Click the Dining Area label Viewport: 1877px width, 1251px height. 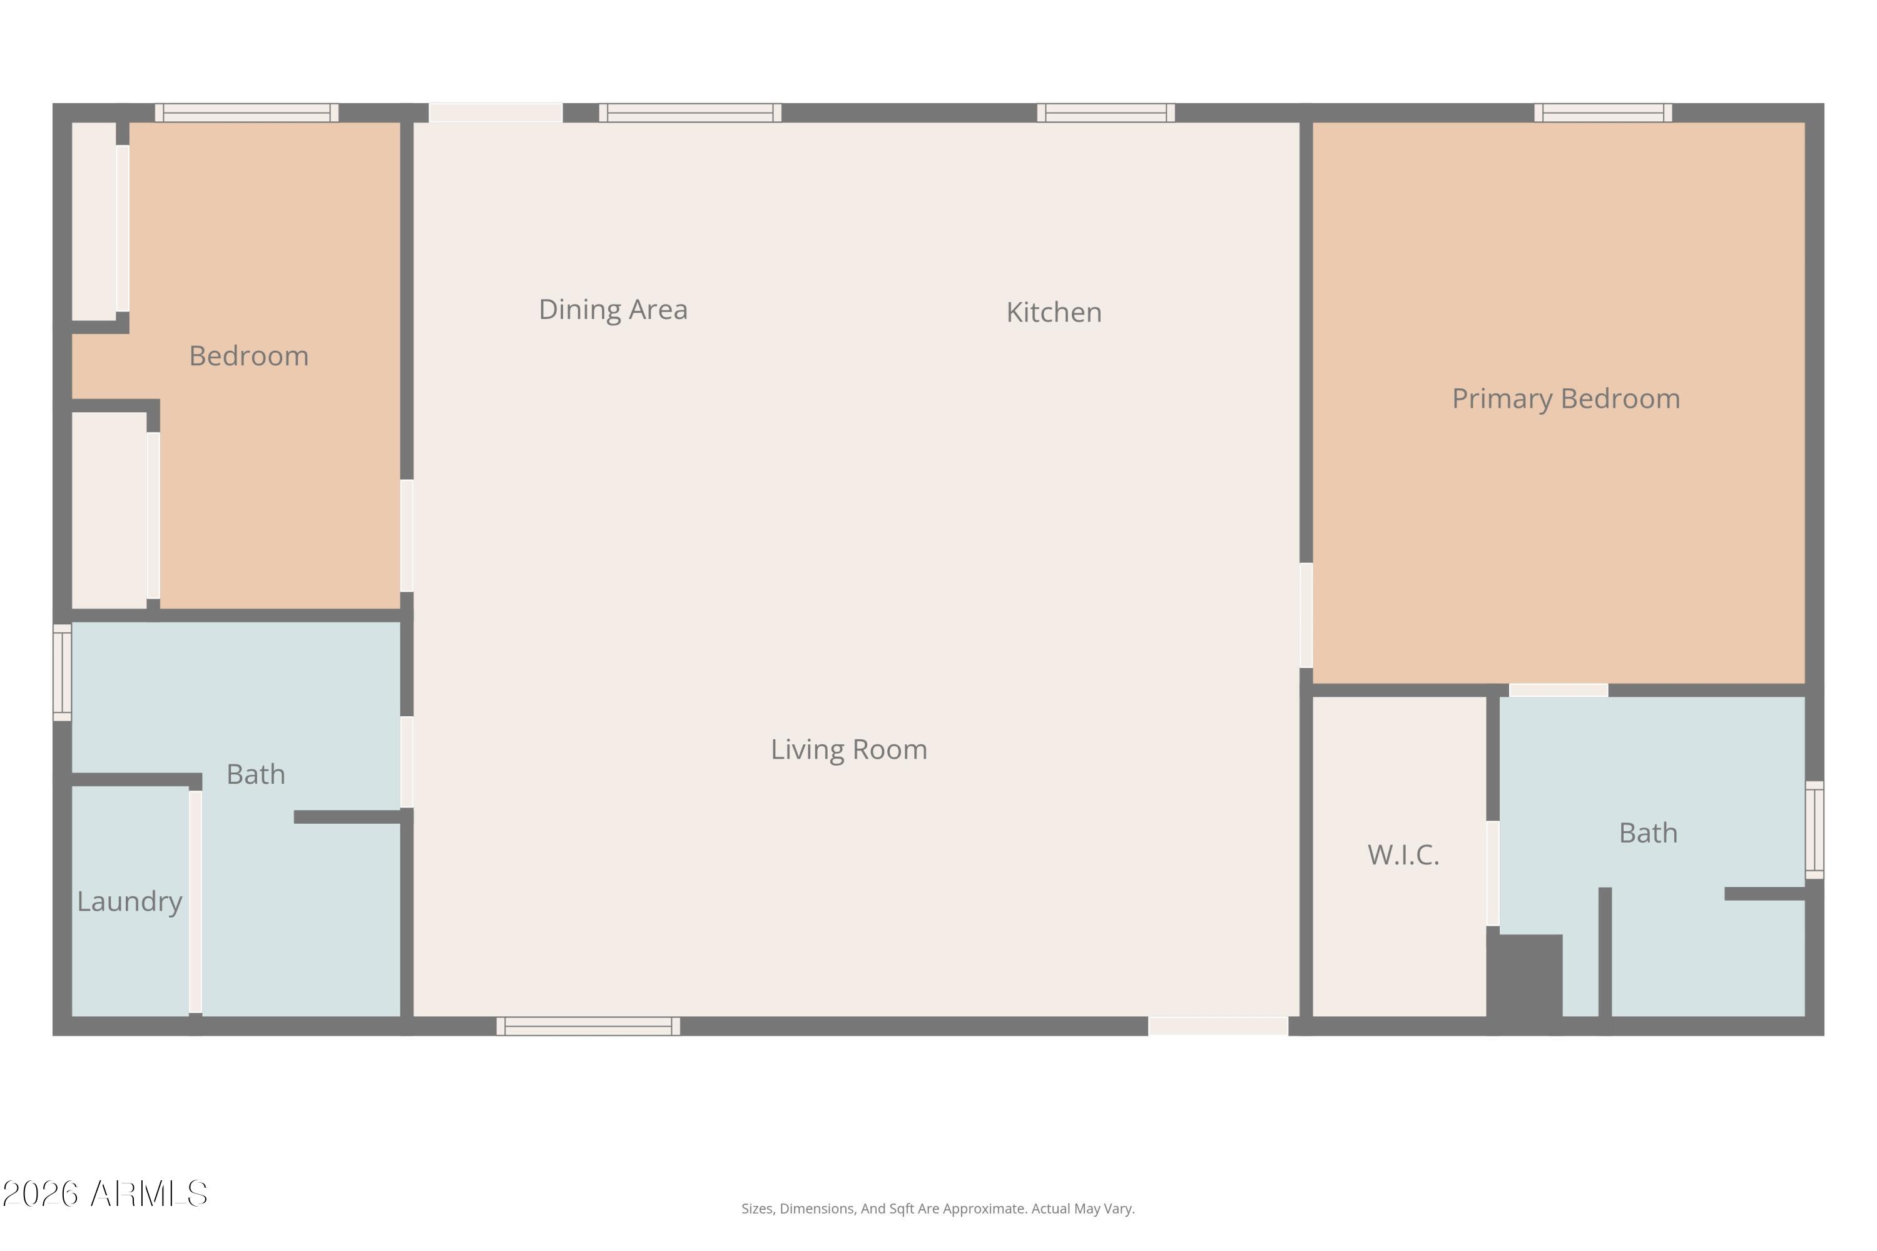pyautogui.click(x=613, y=310)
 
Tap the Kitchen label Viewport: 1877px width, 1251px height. pyautogui.click(x=1054, y=312)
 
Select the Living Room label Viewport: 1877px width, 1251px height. pyautogui.click(x=848, y=749)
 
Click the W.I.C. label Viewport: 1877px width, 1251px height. pyautogui.click(x=1403, y=854)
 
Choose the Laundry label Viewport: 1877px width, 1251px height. pyautogui.click(x=130, y=901)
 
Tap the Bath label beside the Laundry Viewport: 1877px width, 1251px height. pyautogui.click(x=255, y=774)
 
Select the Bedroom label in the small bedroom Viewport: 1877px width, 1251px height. pyautogui.click(x=248, y=356)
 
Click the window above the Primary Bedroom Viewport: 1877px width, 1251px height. pyautogui.click(x=1602, y=113)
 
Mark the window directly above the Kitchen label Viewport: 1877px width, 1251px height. pyautogui.click(x=1106, y=113)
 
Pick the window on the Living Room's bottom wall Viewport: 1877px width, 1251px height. pyautogui.click(x=588, y=1026)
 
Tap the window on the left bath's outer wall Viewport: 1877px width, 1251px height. pyautogui.click(x=62, y=672)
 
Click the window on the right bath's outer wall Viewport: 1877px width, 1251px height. pyautogui.click(x=1814, y=830)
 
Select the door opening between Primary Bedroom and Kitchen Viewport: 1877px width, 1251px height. pyautogui.click(x=1306, y=615)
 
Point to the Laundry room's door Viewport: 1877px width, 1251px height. pyautogui.click(x=195, y=901)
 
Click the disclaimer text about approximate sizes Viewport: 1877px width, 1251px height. pyautogui.click(x=938, y=1208)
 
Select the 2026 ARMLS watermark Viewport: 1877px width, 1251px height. pyautogui.click(x=104, y=1194)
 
